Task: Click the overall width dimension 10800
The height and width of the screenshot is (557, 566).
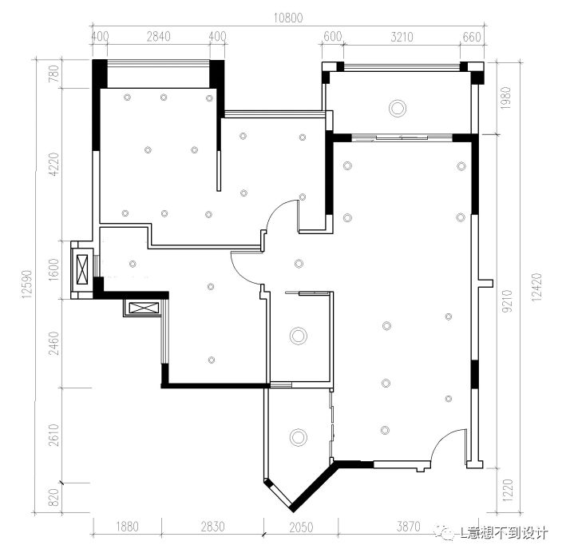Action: [x=287, y=18]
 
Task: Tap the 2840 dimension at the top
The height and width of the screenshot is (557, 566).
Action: [x=159, y=37]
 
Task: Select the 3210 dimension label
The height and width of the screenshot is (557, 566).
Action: [x=402, y=37]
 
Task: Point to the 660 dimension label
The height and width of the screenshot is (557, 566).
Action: [x=472, y=37]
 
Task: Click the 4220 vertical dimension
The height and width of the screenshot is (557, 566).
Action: [x=53, y=164]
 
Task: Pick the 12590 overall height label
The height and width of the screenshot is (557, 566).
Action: [x=26, y=284]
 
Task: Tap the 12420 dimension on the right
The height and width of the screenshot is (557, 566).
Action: [x=536, y=288]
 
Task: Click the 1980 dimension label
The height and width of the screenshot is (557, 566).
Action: [x=506, y=98]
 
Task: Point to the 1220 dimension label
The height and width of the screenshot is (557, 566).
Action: [x=507, y=491]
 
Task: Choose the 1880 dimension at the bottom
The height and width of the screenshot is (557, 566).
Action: [x=127, y=527]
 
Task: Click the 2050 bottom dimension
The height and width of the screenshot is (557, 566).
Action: [x=302, y=527]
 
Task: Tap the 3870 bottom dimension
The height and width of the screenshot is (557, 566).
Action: [x=409, y=527]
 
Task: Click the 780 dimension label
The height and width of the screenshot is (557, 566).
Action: [x=53, y=74]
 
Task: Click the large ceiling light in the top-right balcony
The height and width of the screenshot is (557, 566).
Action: [x=398, y=108]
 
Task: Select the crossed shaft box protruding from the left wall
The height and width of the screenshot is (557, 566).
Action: [x=83, y=269]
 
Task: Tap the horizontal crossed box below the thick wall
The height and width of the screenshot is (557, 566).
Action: [x=144, y=308]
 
